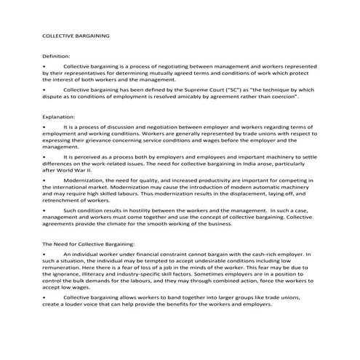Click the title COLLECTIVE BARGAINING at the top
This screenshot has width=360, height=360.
[x=76, y=34]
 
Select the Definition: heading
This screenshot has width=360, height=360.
[x=56, y=56]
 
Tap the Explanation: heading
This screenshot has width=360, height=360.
[x=59, y=116]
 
